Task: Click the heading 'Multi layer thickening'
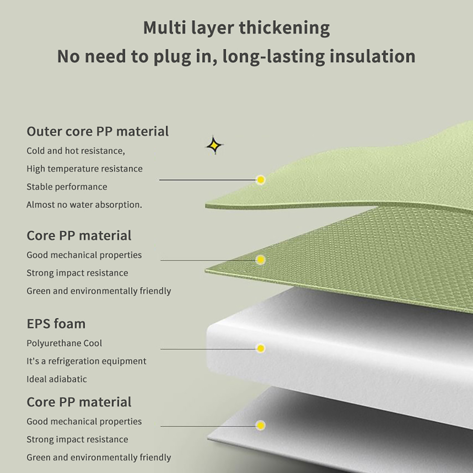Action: pos(237,28)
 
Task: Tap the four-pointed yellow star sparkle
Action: pos(214,145)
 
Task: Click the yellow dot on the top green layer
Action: pos(260,180)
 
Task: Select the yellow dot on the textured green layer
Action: pos(260,260)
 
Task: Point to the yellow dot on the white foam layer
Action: pos(260,349)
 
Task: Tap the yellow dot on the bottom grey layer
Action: pos(260,425)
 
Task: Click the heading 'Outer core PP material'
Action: pos(98,132)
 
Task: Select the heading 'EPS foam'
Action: pos(56,324)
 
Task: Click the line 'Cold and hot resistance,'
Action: pos(76,151)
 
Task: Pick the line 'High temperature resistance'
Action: pos(85,169)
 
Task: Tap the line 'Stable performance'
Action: pos(67,187)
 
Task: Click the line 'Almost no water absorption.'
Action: pos(84,205)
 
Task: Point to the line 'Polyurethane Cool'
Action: pos(64,343)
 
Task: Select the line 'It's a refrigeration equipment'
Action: pos(86,361)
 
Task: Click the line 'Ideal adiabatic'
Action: pos(57,379)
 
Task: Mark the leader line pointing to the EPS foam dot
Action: pos(208,349)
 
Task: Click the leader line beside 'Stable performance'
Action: pos(208,180)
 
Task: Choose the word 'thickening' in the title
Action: pos(284,28)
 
